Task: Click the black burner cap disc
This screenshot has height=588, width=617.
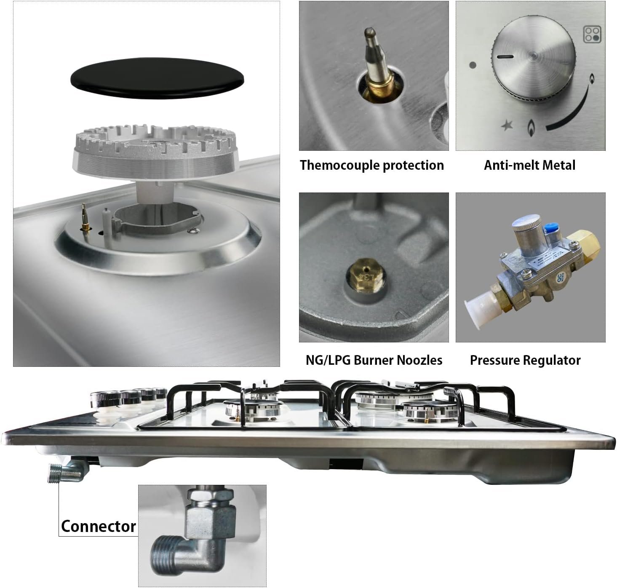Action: coord(157,78)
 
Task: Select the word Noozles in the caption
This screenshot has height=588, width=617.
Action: coord(419,360)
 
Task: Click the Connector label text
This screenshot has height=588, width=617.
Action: coord(99,526)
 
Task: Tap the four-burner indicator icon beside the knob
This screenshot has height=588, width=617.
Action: coord(592,34)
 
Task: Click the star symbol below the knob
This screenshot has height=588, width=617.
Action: coord(507,125)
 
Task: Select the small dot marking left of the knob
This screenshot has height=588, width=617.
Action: coord(472,65)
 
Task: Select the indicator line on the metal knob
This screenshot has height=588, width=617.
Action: coord(505,57)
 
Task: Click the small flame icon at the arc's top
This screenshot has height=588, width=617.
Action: coord(592,78)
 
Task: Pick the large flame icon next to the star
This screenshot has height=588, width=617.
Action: coord(531,128)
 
